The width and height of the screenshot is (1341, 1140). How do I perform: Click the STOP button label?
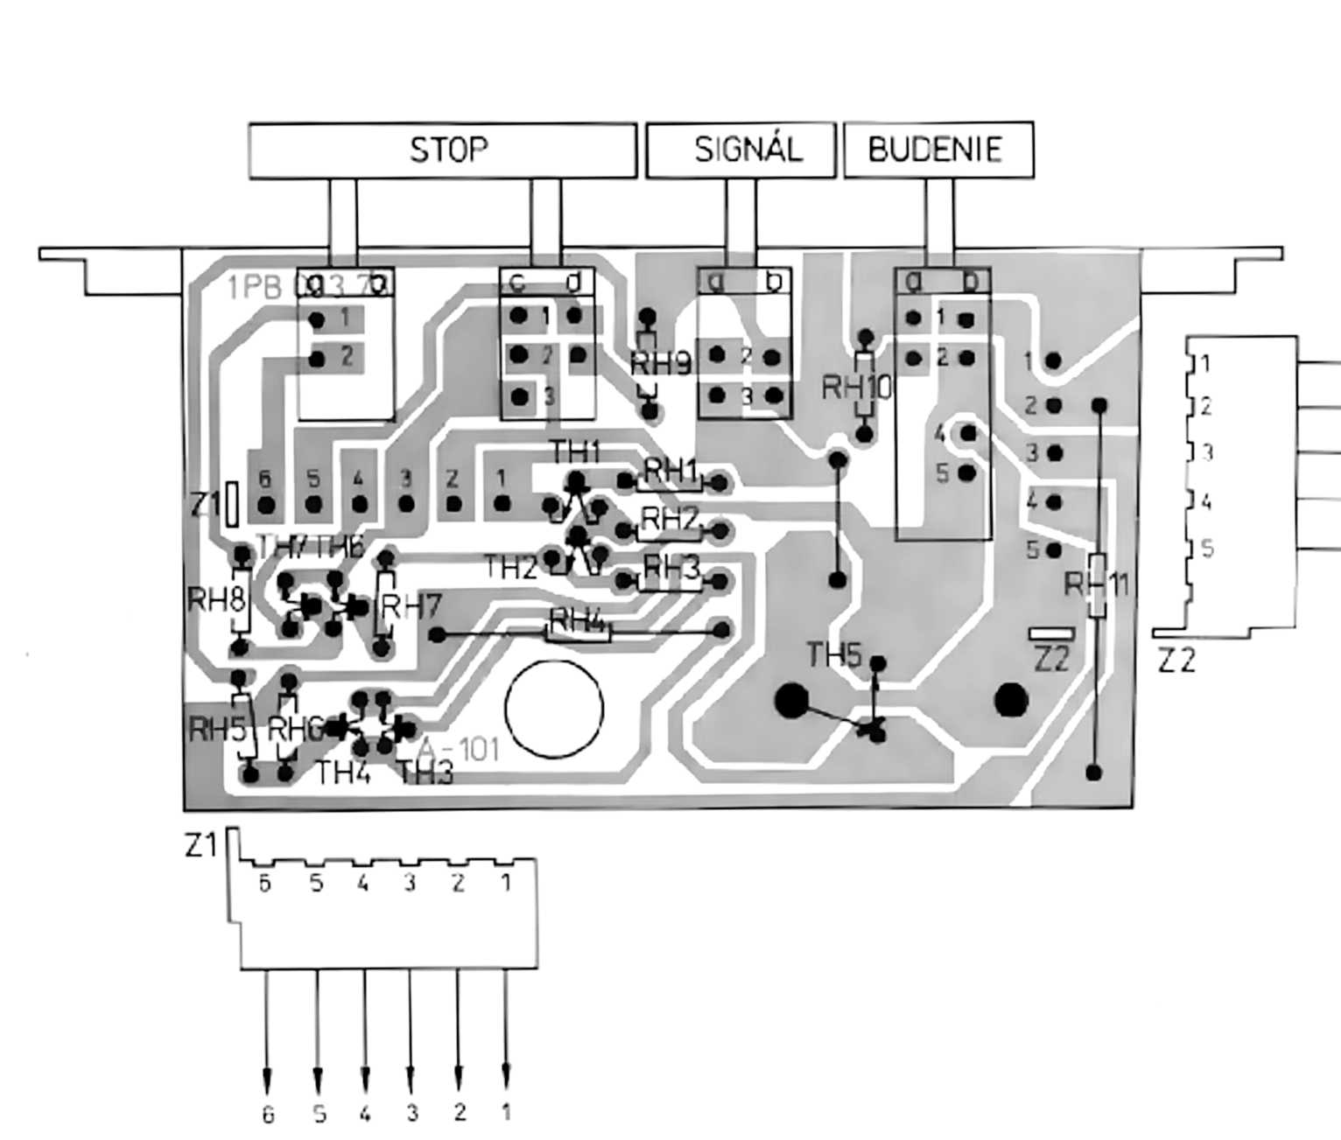448,150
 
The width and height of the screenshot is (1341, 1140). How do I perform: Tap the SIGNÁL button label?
748,150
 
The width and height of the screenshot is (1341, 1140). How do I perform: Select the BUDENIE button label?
935,150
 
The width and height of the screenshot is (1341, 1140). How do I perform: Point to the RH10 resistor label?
857,388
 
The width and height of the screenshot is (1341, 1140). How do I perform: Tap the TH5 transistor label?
834,655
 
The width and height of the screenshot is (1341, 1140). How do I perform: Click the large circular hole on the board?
554,708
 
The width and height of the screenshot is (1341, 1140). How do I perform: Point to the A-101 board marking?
458,750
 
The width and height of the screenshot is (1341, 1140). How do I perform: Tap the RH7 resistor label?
411,606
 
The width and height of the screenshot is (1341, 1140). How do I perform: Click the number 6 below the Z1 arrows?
268,1114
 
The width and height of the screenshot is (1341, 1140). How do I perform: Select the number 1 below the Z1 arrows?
505,1113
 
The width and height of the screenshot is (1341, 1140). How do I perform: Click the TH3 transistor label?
426,773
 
